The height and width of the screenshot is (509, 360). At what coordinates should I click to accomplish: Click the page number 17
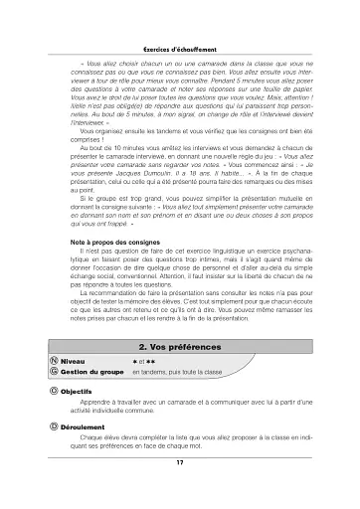180,462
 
